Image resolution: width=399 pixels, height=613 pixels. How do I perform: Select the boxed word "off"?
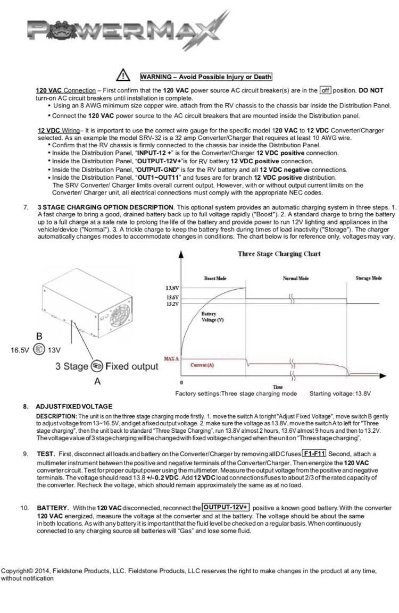[326, 90]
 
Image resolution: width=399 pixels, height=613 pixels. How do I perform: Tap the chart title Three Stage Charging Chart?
[279, 254]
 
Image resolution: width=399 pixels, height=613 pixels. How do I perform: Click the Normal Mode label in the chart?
[295, 279]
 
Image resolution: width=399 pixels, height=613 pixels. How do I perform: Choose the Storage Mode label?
[368, 278]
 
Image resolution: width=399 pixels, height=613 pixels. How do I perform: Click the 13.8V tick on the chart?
[173, 288]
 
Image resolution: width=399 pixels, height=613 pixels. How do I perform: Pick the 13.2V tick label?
[173, 304]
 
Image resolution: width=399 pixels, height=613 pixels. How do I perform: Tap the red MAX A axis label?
[172, 359]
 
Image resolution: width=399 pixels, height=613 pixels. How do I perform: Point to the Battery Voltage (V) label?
[212, 317]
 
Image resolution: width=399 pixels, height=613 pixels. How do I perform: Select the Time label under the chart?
[277, 387]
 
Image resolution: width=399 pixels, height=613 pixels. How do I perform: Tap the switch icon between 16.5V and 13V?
[39, 350]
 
